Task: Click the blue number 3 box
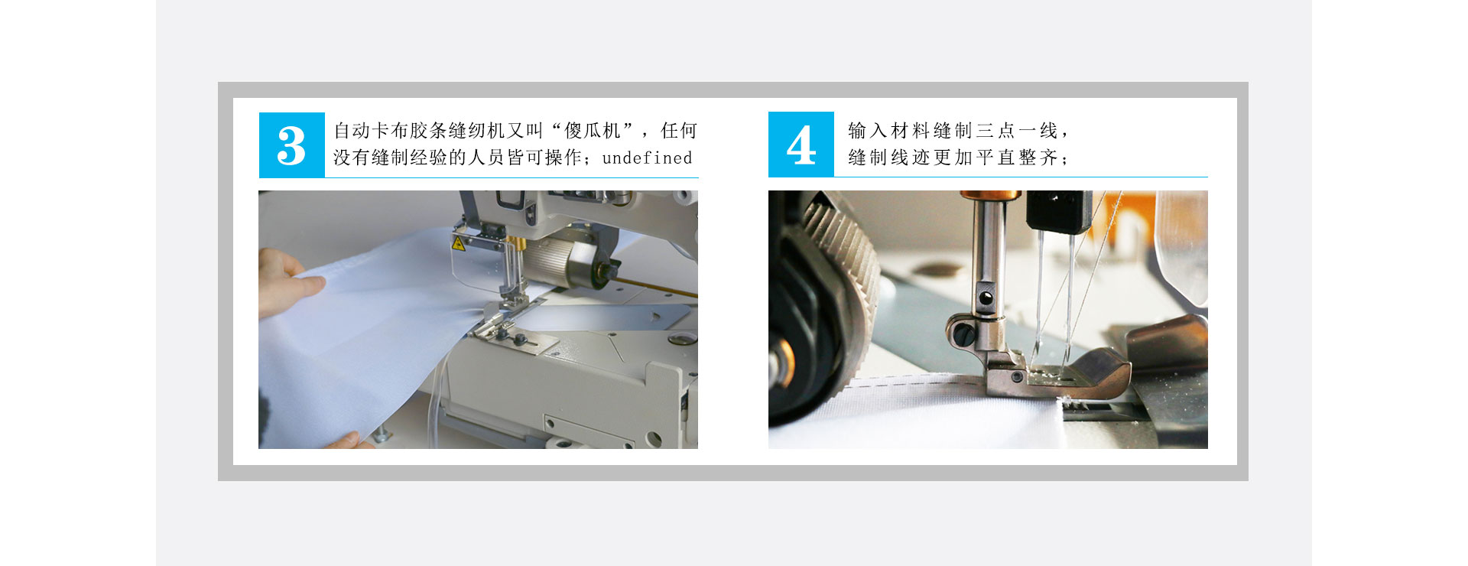point(291,145)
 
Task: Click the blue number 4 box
point(801,145)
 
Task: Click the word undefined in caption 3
point(647,158)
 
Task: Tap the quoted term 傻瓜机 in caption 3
point(592,131)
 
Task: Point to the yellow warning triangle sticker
point(458,244)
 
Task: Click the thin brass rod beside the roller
point(658,288)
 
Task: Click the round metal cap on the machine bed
point(677,339)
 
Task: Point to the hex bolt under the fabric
point(380,437)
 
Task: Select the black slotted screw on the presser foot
point(962,334)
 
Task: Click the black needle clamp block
point(1058,211)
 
